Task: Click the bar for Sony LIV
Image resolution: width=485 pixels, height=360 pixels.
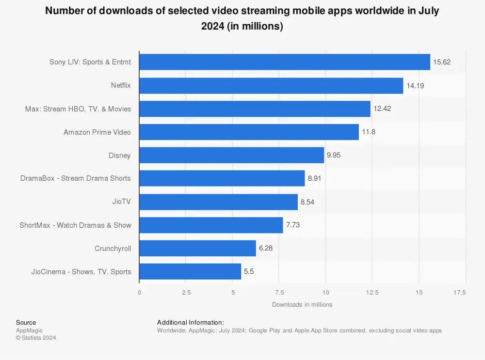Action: click(285, 62)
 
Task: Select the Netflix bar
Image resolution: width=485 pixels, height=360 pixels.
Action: click(271, 86)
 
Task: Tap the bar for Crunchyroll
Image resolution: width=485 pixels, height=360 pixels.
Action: click(197, 249)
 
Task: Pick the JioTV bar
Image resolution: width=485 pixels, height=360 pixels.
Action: click(218, 202)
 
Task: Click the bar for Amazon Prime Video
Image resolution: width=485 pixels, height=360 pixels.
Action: click(249, 132)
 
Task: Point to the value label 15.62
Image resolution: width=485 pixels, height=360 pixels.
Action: click(442, 63)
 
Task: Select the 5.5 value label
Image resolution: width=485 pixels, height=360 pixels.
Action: click(249, 272)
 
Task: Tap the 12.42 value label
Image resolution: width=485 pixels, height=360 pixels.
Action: click(382, 109)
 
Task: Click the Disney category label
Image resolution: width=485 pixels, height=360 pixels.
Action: click(120, 156)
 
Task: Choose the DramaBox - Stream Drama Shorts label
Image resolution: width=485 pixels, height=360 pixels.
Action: click(76, 178)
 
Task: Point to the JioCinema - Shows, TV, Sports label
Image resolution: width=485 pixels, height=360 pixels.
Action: click(81, 272)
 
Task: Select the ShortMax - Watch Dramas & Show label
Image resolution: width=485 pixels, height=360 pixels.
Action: click(75, 225)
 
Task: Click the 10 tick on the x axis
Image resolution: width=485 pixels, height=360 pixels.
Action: click(325, 293)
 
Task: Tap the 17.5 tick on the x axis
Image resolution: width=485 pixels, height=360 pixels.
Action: click(460, 293)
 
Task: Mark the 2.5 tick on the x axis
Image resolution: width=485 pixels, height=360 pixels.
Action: click(186, 293)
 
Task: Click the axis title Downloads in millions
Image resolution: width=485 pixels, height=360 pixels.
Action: click(302, 304)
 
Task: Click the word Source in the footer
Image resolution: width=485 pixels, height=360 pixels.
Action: click(26, 323)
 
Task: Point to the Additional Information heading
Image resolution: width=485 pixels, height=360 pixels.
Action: click(191, 323)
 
